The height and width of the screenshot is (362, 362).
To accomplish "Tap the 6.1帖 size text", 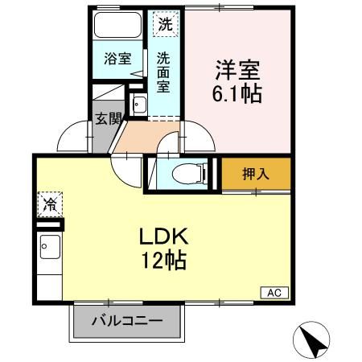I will point(237,93).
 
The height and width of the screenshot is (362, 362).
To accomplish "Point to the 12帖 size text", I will point(163,261).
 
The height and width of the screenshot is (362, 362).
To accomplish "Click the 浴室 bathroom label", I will point(117,59).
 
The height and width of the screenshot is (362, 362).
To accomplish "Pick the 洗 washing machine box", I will point(164,24).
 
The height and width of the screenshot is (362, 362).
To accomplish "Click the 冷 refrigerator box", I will point(49,205).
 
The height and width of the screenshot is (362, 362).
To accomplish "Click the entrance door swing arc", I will point(76,135).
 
